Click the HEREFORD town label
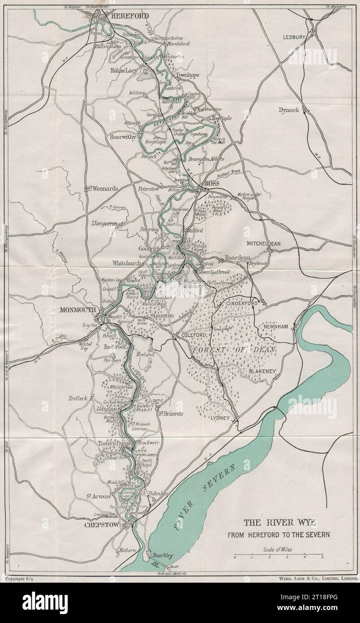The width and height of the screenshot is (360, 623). tap(130, 15)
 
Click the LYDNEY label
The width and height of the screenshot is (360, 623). tap(220, 418)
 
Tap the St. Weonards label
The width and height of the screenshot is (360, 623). tap(102, 189)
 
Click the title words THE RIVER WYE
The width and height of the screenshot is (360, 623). tap(279, 522)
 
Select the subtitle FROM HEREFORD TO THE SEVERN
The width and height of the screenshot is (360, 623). tap(278, 534)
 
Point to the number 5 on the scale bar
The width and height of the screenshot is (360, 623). tap(322, 558)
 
